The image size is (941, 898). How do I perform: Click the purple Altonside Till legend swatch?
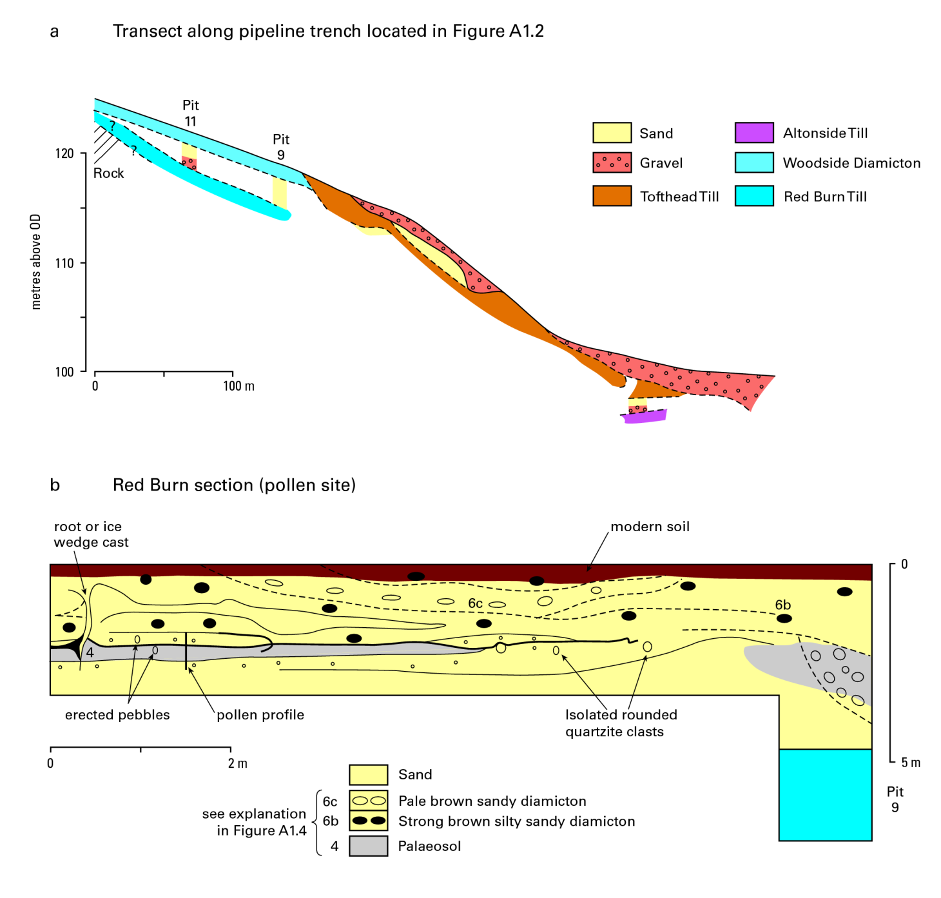point(754,133)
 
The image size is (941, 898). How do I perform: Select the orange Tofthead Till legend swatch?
point(612,196)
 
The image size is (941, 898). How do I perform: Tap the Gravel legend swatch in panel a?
point(612,162)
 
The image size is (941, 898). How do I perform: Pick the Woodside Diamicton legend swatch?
point(754,162)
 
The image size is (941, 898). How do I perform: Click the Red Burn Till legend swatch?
point(754,196)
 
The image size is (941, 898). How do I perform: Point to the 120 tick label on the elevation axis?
point(64,153)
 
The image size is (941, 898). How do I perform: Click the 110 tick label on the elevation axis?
point(64,263)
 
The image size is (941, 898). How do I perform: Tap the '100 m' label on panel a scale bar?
point(238,386)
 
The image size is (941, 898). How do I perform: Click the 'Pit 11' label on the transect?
point(191,113)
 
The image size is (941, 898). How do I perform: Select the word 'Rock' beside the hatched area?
point(108,173)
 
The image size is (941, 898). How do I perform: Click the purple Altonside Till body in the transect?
point(645,416)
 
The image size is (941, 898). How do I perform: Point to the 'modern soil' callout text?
point(650,526)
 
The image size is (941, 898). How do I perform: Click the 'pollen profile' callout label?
point(260,715)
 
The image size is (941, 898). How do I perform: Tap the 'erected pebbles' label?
point(117,714)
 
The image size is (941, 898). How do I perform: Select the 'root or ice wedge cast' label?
point(91,534)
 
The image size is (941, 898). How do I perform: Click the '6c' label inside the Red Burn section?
point(475,603)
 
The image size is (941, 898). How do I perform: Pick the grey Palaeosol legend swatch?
point(368,846)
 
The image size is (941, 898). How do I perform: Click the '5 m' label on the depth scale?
point(910,763)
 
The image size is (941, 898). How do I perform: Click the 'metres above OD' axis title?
point(35,262)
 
